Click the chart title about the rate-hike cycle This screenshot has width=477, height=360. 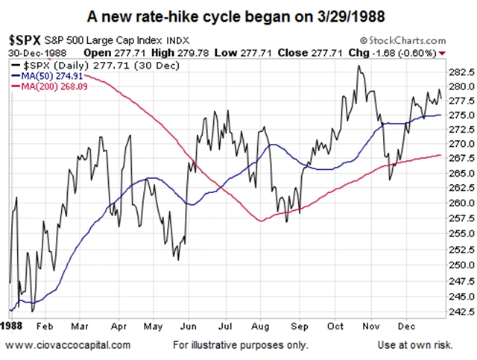point(238,16)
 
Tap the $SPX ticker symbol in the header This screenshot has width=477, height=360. point(23,40)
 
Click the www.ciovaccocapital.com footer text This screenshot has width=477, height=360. point(69,345)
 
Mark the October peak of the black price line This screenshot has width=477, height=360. point(359,67)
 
